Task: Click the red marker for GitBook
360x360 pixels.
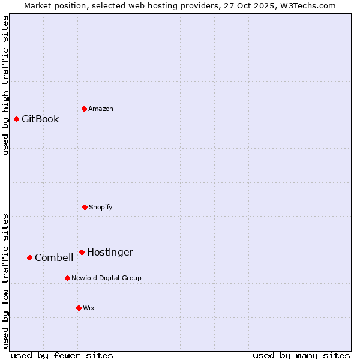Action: click(x=16, y=119)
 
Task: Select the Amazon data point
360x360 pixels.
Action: click(x=84, y=109)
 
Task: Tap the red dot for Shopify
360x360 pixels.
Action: click(x=85, y=207)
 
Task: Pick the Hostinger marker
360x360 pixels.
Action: click(x=82, y=252)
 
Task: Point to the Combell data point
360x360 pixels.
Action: click(x=29, y=257)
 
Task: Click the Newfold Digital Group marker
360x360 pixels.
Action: click(x=67, y=278)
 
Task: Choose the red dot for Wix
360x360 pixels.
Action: click(x=79, y=308)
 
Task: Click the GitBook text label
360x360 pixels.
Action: click(x=40, y=119)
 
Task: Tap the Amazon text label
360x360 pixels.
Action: click(x=101, y=109)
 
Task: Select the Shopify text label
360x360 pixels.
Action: click(x=101, y=207)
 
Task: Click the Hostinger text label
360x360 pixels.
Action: click(x=110, y=252)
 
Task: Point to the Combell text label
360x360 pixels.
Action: click(x=54, y=257)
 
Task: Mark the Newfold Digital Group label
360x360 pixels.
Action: click(x=106, y=278)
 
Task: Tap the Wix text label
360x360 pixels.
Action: click(x=89, y=308)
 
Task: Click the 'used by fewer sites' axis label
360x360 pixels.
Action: click(x=62, y=355)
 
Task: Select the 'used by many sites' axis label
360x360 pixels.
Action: click(x=301, y=355)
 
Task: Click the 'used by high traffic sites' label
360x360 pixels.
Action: click(x=6, y=85)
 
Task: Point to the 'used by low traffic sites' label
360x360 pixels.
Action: click(x=6, y=281)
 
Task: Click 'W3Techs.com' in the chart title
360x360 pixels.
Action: click(x=310, y=5)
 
